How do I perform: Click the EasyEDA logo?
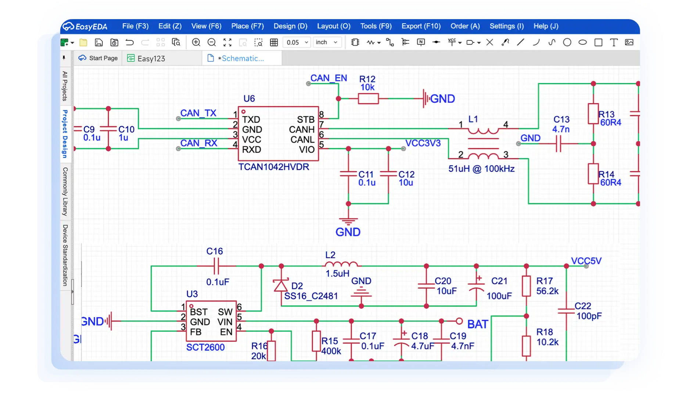pos(85,26)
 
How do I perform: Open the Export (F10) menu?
pos(421,26)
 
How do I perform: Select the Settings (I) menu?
pos(506,26)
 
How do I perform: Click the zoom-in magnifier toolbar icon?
pos(196,42)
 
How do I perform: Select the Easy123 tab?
pos(146,58)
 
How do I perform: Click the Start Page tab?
pos(98,58)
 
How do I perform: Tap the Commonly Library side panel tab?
pos(65,192)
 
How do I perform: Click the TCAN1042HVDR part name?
pos(274,167)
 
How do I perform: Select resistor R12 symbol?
pos(368,99)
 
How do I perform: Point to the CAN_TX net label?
pos(198,113)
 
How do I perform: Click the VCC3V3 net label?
pos(423,143)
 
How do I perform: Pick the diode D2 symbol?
pos(281,285)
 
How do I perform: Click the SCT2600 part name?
pos(205,347)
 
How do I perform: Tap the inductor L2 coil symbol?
pos(341,264)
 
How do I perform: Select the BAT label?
pos(478,324)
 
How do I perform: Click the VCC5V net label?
pos(586,261)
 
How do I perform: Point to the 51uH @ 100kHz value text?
pos(481,169)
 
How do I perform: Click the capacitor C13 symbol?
pos(559,143)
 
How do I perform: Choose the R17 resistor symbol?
pos(526,286)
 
